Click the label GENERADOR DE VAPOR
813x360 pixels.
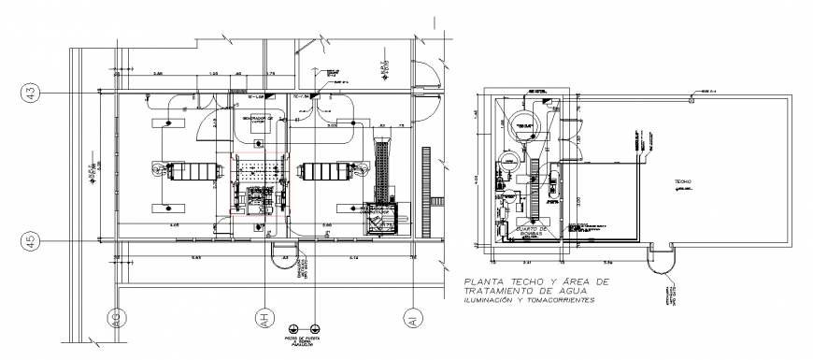pos(258,121)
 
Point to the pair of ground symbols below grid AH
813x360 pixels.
pos(304,327)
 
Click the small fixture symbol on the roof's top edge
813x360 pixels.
pos(690,98)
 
